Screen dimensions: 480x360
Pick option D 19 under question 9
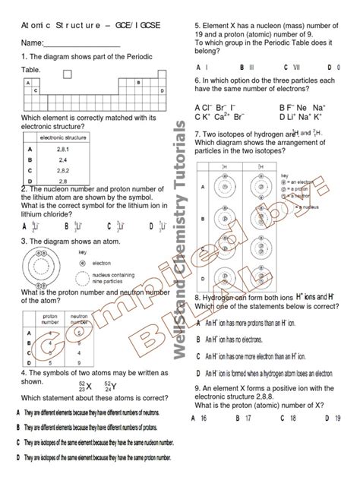(x=331, y=417)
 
